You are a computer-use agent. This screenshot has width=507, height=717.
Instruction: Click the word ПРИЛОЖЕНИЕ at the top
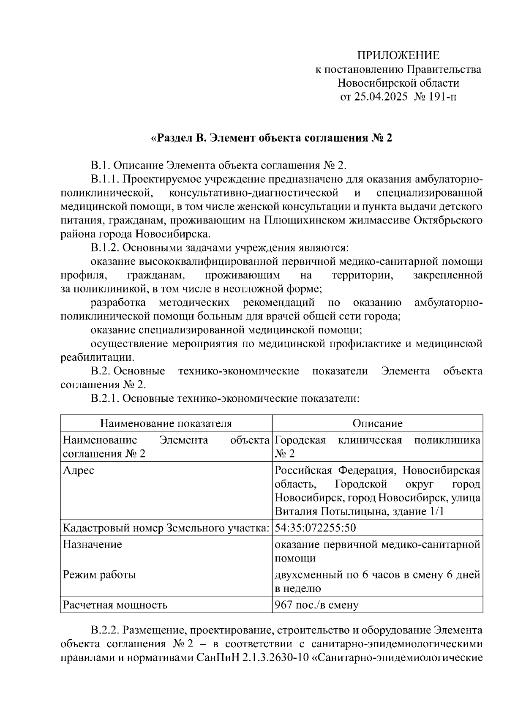(x=398, y=55)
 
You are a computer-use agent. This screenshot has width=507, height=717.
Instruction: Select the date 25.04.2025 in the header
(x=381, y=97)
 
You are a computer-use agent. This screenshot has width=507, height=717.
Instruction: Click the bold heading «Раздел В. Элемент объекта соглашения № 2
(x=272, y=138)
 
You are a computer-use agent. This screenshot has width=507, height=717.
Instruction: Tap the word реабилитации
(x=97, y=357)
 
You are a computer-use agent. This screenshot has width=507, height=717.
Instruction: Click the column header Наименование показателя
(x=166, y=423)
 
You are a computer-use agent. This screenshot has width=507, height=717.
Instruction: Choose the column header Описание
(x=377, y=423)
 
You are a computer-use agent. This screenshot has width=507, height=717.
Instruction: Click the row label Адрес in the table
(x=79, y=470)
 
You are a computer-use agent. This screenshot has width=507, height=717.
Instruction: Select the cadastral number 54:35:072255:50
(x=316, y=528)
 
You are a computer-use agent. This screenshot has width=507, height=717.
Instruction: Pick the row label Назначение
(x=93, y=544)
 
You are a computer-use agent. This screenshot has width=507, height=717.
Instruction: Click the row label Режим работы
(x=100, y=575)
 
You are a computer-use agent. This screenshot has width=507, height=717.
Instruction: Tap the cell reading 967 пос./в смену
(x=316, y=605)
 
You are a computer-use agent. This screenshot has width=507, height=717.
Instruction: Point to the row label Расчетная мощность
(x=115, y=605)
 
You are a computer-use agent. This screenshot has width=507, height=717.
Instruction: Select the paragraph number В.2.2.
(x=105, y=630)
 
